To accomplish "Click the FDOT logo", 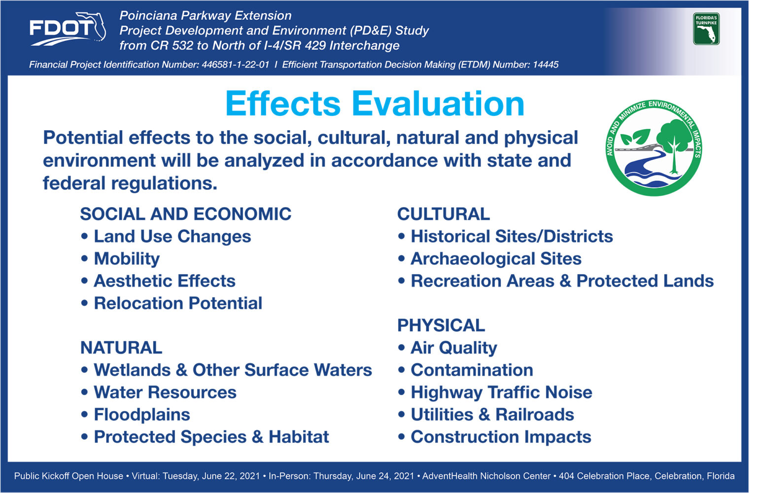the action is pyautogui.click(x=68, y=29).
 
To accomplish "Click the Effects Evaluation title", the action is pyautogui.click(x=375, y=104).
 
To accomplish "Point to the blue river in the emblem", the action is pyautogui.click(x=647, y=169).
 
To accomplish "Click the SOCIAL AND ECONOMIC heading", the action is pyautogui.click(x=185, y=214).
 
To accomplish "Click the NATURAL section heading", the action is pyautogui.click(x=121, y=348).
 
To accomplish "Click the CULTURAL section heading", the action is pyautogui.click(x=444, y=214).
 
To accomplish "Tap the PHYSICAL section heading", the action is pyautogui.click(x=441, y=325).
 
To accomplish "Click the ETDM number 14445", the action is pyautogui.click(x=546, y=65).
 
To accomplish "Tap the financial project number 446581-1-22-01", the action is pyautogui.click(x=236, y=65).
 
